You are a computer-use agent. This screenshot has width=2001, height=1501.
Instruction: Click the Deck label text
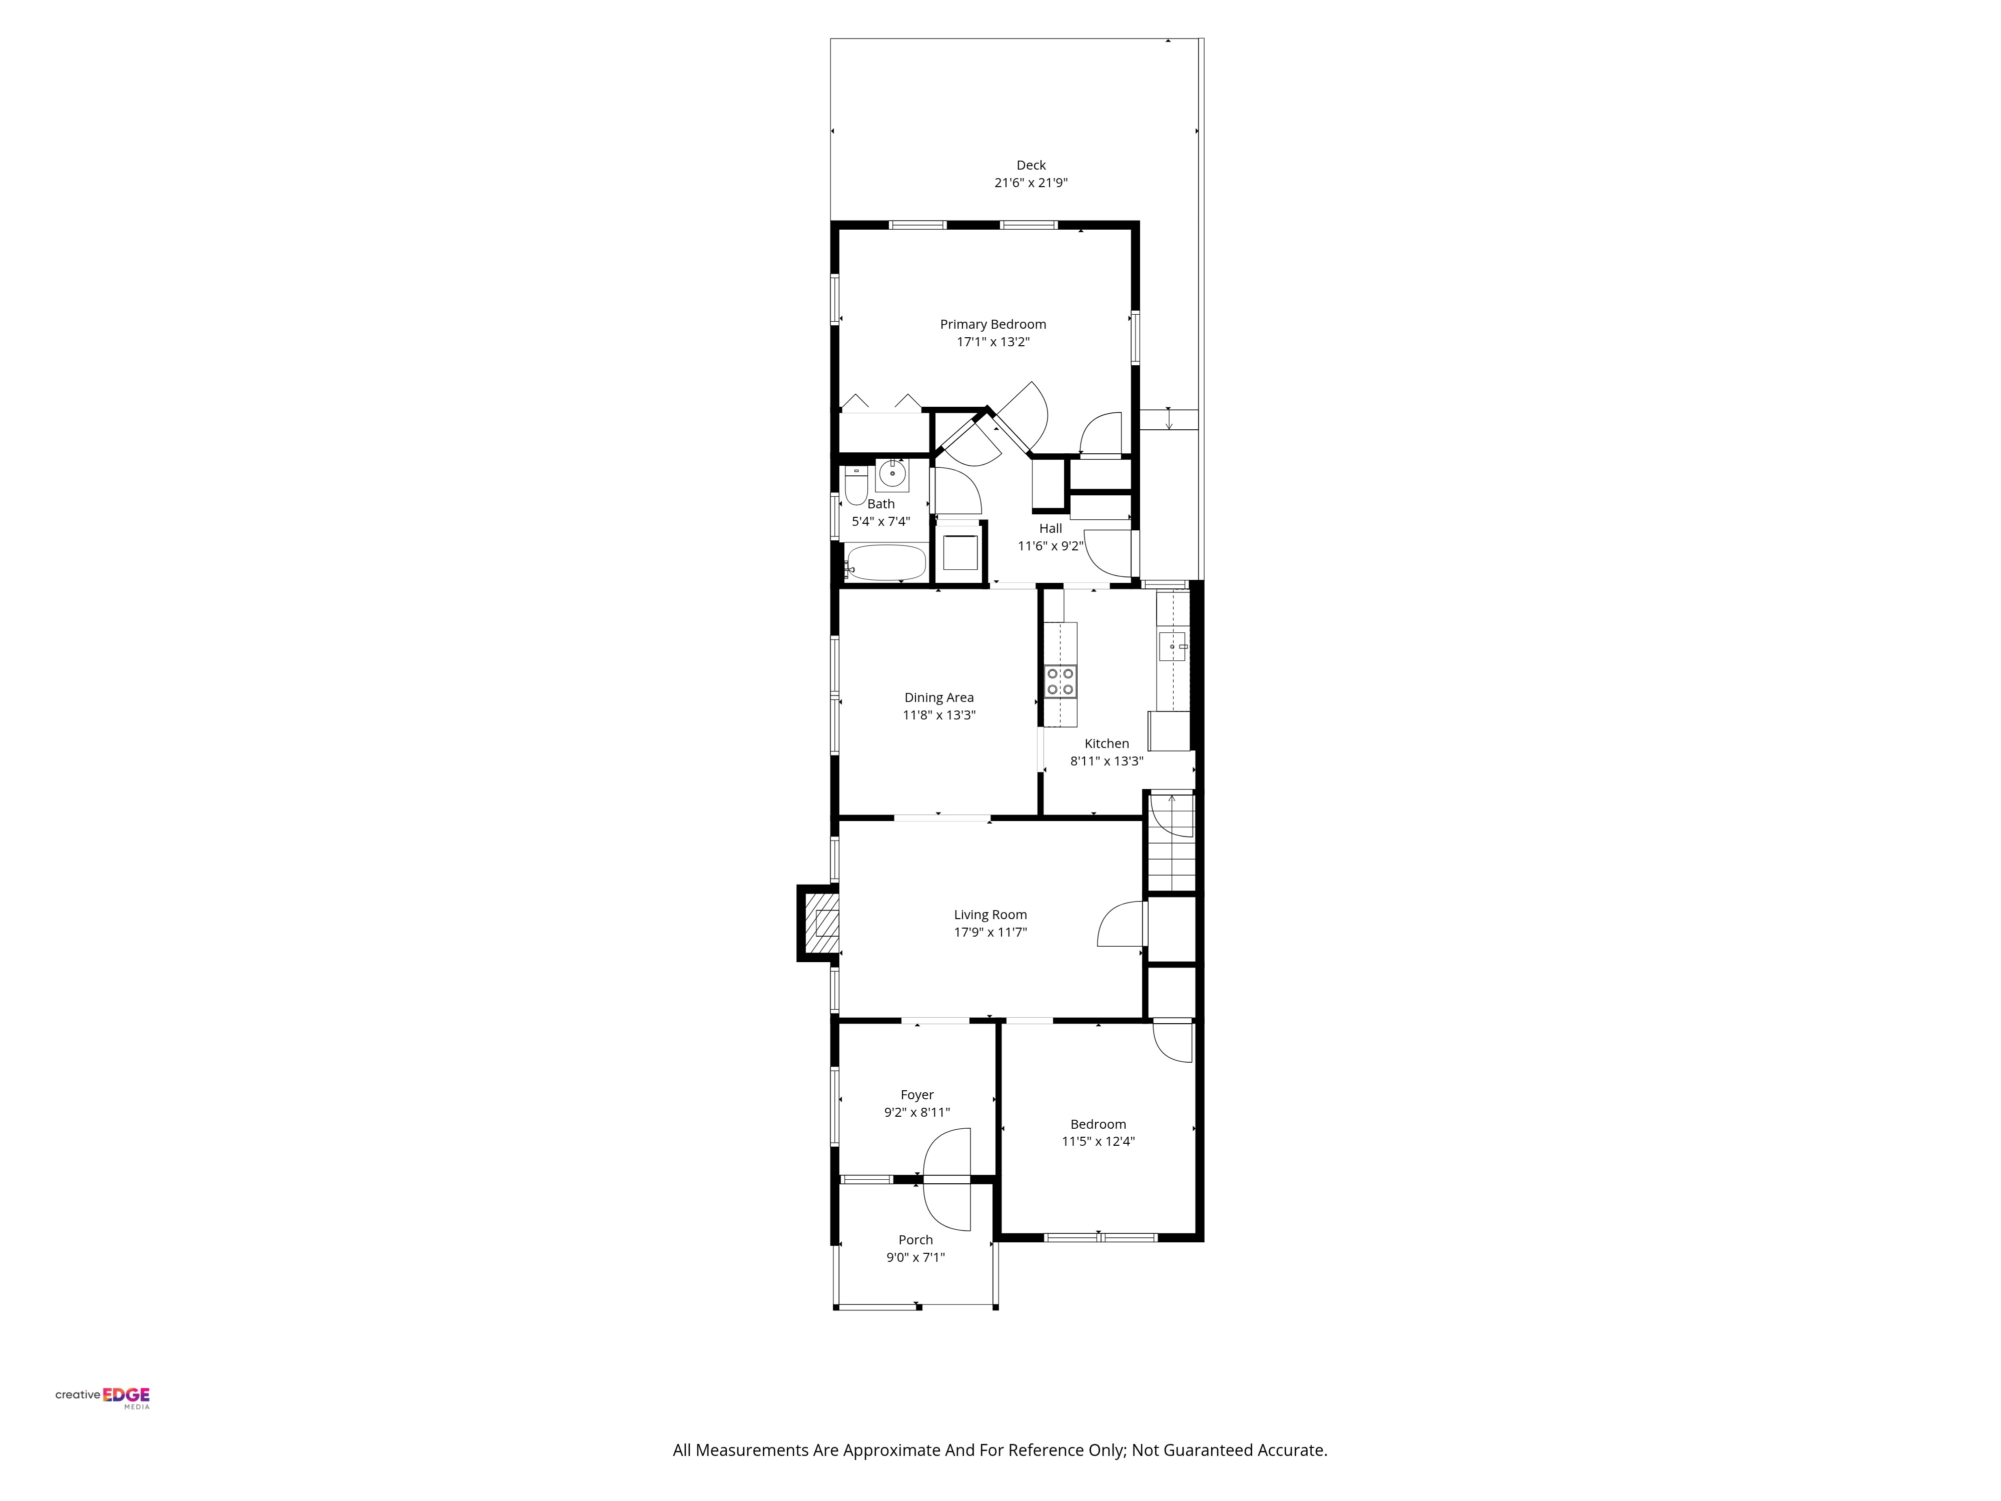[1031, 165]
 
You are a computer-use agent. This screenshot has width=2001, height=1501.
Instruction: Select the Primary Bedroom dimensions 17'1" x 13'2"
[993, 342]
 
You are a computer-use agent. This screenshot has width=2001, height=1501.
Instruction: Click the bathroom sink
[892, 474]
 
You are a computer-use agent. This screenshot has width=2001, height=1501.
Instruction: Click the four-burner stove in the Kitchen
[1060, 681]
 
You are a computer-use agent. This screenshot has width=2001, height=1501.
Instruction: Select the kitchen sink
[1173, 647]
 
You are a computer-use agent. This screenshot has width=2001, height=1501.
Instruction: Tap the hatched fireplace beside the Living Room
[819, 923]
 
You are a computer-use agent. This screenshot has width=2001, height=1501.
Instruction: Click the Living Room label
[990, 915]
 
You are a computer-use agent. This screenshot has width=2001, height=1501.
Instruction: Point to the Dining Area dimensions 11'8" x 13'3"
[939, 715]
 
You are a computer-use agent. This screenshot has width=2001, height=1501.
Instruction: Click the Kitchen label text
[1107, 743]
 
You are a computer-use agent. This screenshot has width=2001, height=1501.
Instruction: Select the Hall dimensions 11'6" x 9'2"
[1050, 545]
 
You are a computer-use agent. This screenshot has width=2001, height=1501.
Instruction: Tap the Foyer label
[917, 1095]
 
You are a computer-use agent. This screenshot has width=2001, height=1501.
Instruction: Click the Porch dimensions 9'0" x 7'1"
[915, 1257]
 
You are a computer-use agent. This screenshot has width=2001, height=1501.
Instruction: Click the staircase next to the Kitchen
[1172, 843]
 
